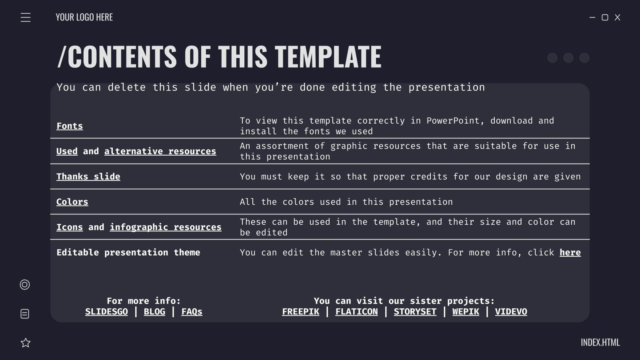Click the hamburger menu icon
[x=26, y=18]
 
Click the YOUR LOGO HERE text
[x=84, y=17]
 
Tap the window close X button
[x=617, y=17]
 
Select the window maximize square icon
[x=605, y=17]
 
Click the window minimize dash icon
[x=592, y=17]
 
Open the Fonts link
[x=70, y=126]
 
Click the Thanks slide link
[x=88, y=176]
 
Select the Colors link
[x=72, y=202]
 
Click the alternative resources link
[x=160, y=151]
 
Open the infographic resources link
[x=166, y=227]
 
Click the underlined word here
[x=570, y=252]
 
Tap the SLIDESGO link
[x=106, y=312]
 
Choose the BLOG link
[x=154, y=312]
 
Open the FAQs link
[x=192, y=312]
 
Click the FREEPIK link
[x=300, y=312]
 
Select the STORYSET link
[x=415, y=312]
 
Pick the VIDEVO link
[x=511, y=312]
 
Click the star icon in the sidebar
[x=26, y=343]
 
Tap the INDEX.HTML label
[x=600, y=342]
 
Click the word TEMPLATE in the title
[x=328, y=56]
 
